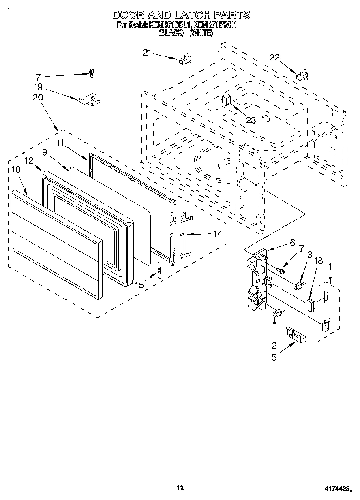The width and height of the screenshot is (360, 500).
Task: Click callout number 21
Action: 147,52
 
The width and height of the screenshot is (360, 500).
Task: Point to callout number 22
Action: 274,58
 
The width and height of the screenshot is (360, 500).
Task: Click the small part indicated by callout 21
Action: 184,59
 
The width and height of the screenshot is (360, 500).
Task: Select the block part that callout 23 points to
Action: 226,99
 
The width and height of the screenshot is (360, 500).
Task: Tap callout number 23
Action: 251,120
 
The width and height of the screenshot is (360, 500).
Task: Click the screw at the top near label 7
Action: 92,73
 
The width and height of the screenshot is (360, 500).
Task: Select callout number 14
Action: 218,234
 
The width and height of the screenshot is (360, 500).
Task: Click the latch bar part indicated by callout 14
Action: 184,235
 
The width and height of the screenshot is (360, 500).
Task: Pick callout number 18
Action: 318,261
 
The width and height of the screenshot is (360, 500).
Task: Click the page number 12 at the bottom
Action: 180,488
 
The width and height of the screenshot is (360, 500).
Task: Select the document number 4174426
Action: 337,489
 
